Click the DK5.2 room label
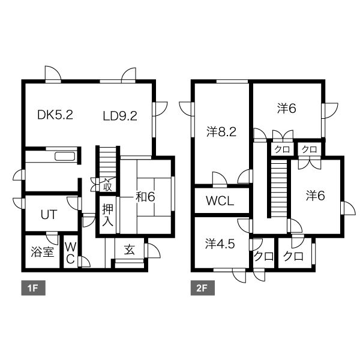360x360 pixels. tap(55, 115)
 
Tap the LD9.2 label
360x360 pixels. tap(120, 116)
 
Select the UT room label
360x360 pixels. tap(49, 215)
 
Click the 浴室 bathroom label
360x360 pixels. tap(42, 251)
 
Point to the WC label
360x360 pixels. tap(70, 253)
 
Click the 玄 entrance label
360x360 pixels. tap(129, 250)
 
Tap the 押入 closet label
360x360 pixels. tap(107, 215)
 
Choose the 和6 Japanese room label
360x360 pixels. tap(145, 197)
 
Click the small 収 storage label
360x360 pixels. tap(107, 186)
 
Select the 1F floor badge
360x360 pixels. tap(33, 287)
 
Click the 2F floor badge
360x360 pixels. tap(203, 287)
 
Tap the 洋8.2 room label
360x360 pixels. tap(221, 132)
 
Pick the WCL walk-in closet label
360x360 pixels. tap(220, 201)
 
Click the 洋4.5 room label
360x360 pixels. tap(220, 244)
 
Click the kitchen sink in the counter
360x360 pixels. tap(65, 157)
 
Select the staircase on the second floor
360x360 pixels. tap(279, 188)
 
